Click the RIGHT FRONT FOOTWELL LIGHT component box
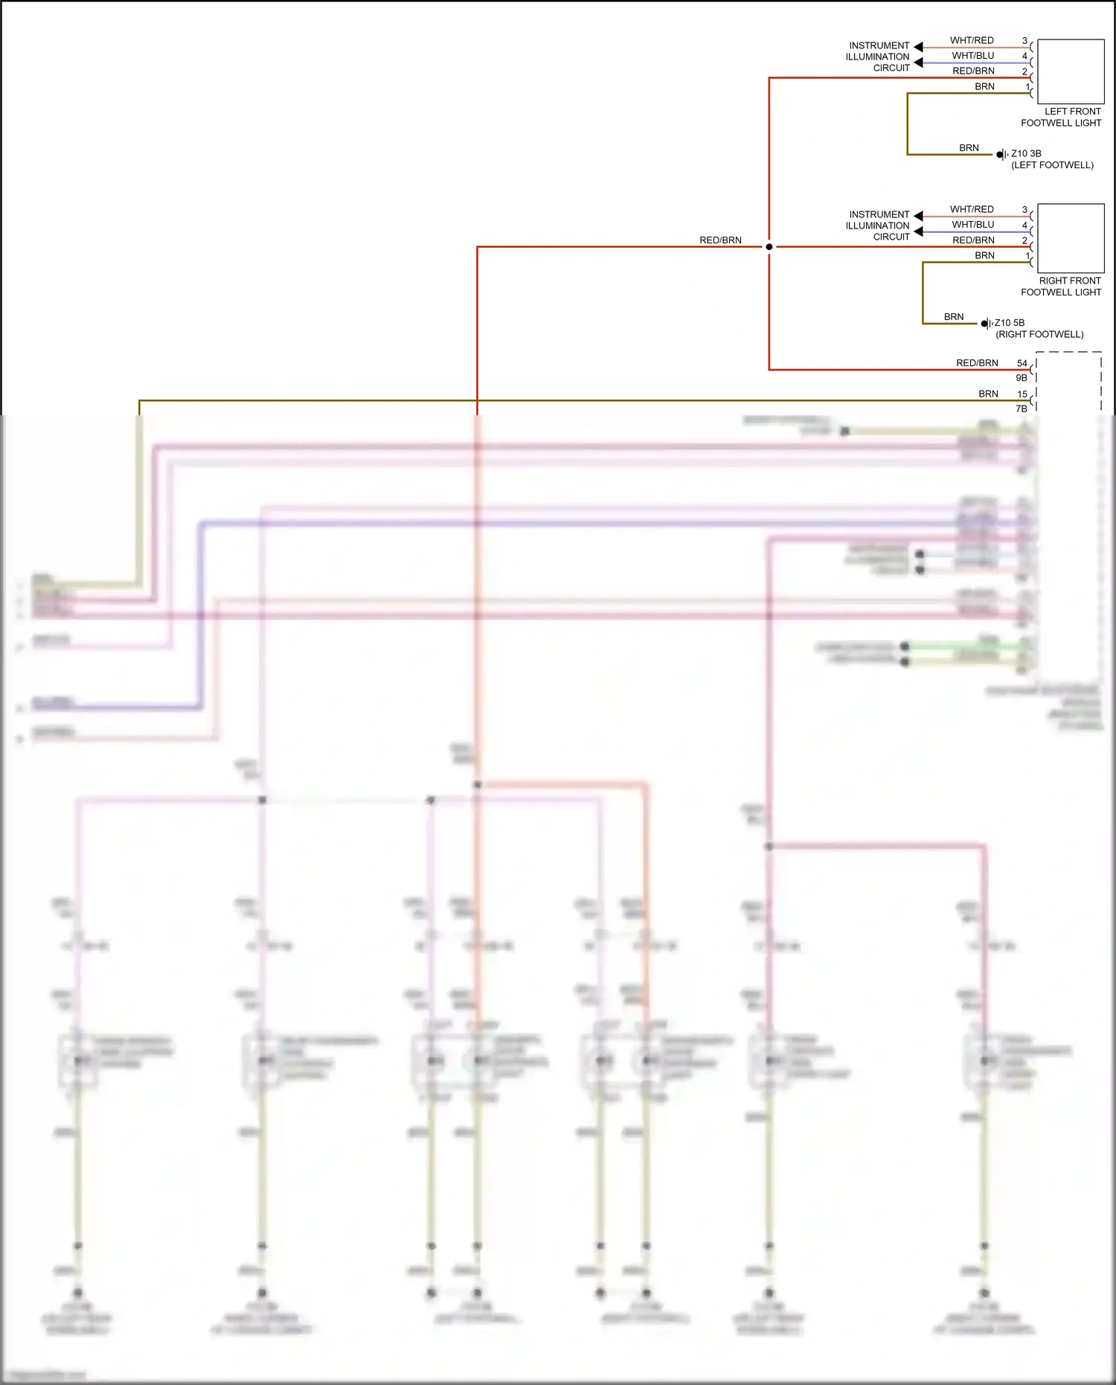(1070, 238)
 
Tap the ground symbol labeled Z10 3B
(1001, 155)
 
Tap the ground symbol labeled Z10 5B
(986, 324)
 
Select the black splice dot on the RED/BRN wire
(769, 246)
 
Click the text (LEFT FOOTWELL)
(1052, 165)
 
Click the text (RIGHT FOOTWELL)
(1039, 334)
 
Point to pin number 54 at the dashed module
(1022, 363)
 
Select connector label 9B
(1022, 378)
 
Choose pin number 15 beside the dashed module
(1022, 394)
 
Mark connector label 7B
(1022, 409)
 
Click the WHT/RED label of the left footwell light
(972, 40)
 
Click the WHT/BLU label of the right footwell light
(972, 224)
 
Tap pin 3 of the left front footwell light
(1024, 41)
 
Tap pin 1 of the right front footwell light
(1027, 256)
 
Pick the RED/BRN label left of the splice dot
(720, 240)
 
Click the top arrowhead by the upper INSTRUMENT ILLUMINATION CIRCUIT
(918, 47)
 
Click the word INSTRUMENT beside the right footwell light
(879, 214)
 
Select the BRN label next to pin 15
(988, 394)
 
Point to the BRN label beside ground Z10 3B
(969, 148)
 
